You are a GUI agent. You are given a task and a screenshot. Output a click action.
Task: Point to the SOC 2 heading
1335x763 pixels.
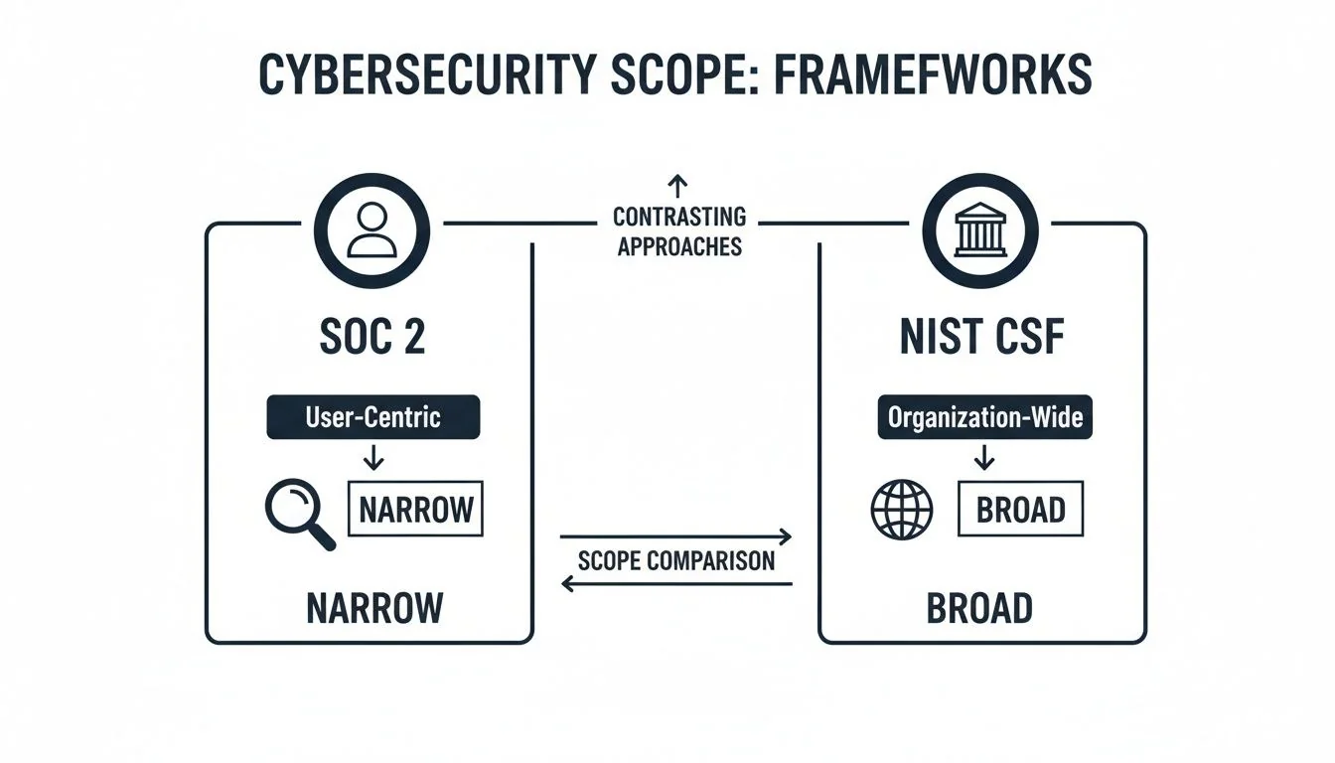[x=372, y=337]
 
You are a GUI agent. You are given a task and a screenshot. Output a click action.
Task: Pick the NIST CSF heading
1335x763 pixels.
[x=981, y=337]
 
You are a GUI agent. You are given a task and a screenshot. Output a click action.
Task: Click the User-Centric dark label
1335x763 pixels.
[x=372, y=417]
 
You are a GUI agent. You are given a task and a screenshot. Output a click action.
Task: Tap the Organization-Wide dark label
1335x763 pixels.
[x=984, y=417]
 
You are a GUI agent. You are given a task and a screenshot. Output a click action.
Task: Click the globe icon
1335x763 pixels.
[x=901, y=511]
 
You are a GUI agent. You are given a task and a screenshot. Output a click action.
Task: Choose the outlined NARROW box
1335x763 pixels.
[x=415, y=510]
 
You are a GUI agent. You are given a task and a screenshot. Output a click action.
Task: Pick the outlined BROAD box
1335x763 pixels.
[x=1020, y=510]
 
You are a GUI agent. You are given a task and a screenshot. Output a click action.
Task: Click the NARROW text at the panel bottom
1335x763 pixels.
[x=373, y=607]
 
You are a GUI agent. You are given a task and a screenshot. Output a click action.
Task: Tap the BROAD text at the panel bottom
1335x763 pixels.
[x=979, y=607]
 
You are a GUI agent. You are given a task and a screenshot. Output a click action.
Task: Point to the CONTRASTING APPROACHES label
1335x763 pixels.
[x=679, y=230]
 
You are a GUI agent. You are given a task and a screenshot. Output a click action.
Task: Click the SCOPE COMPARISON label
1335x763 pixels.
[x=675, y=560]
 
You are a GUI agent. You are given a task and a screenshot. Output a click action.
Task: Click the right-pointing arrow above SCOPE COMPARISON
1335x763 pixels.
[x=675, y=537]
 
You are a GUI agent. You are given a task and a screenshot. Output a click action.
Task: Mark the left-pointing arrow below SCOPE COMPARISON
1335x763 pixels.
[x=675, y=584]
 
